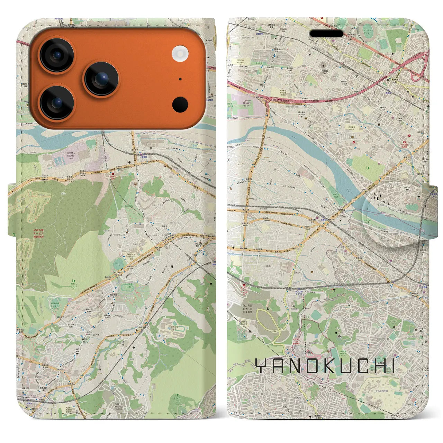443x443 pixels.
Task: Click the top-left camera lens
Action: (x=56, y=55)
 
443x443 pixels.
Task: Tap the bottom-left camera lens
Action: (x=56, y=102)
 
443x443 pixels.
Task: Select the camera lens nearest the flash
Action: (x=102, y=79)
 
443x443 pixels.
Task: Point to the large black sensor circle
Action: (x=180, y=104)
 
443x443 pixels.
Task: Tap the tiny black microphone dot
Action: (x=180, y=79)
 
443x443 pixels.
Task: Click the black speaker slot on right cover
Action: (x=326, y=34)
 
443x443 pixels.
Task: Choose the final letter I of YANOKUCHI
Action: (x=392, y=366)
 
